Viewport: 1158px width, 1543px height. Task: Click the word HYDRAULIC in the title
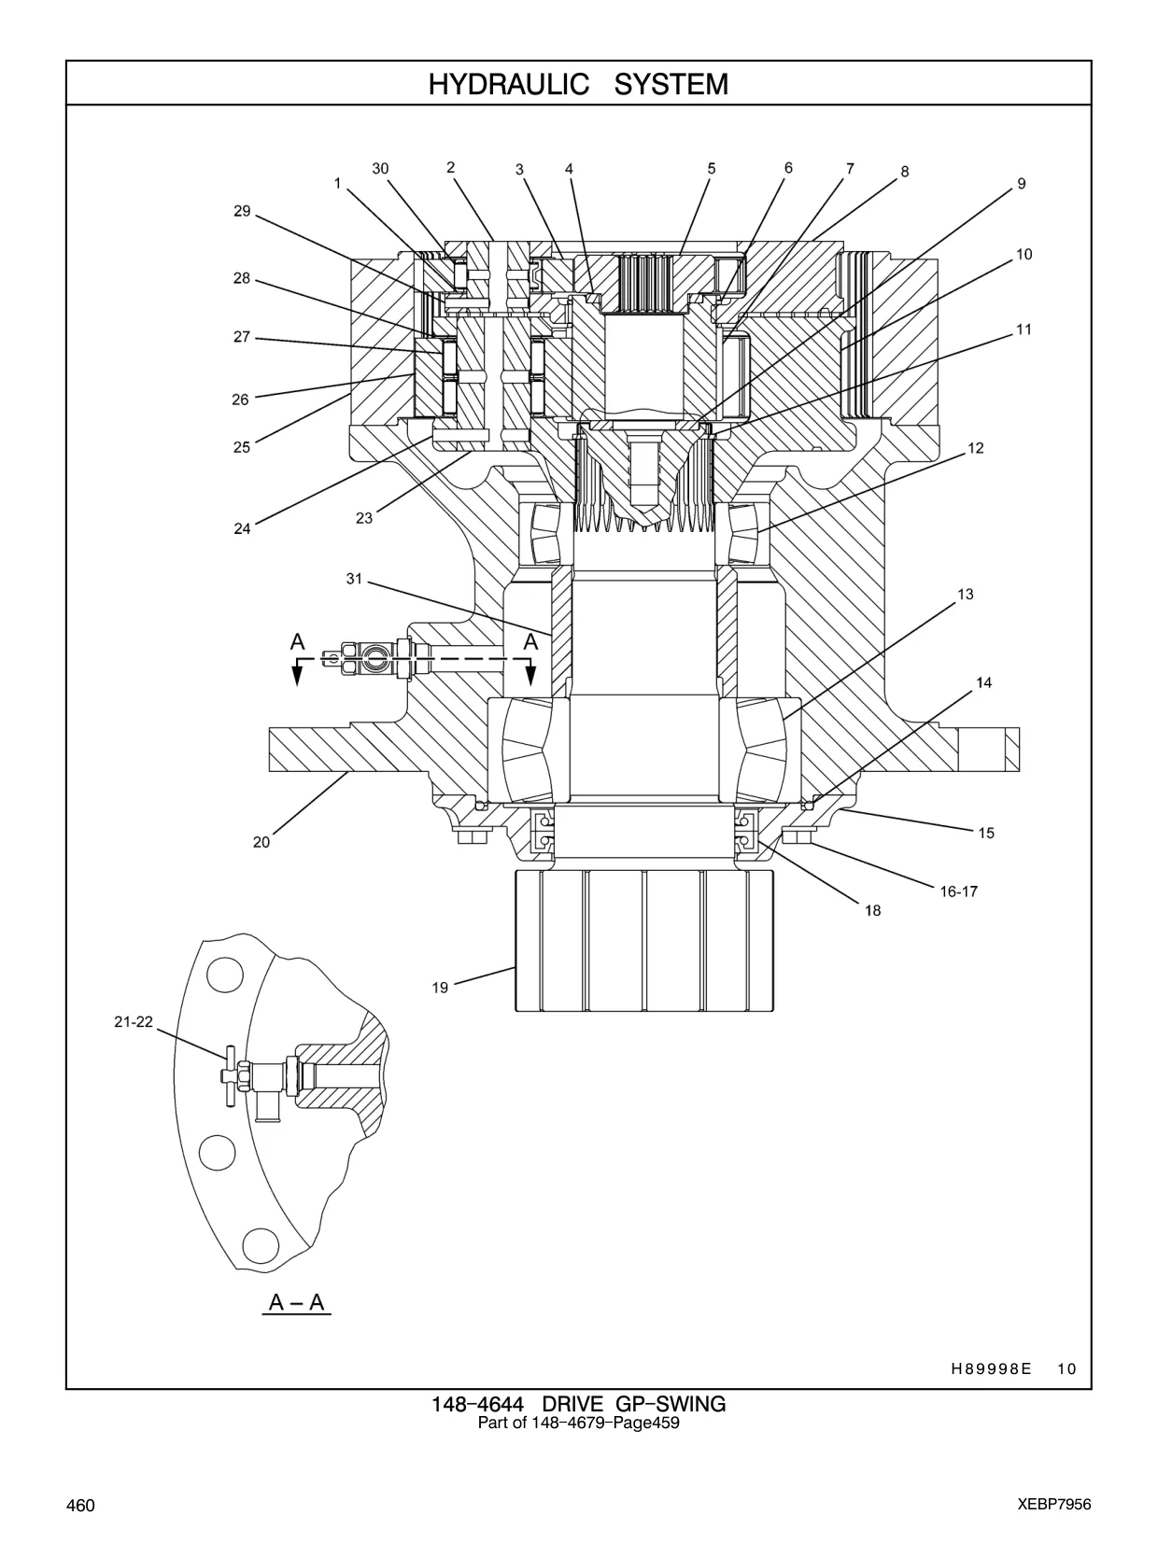tap(508, 84)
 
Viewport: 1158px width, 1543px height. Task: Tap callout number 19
tap(440, 988)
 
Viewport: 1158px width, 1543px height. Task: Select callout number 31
tap(354, 579)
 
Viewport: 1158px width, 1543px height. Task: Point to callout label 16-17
tap(959, 891)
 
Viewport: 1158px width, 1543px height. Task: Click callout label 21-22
tap(134, 1022)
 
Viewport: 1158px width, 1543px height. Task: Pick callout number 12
tap(976, 448)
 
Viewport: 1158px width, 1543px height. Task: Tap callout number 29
tap(242, 211)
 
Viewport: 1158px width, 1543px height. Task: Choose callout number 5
tap(712, 169)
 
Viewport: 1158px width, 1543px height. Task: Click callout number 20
tap(261, 842)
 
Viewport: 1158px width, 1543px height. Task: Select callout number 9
tap(1022, 184)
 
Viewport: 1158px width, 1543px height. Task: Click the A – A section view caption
tap(297, 1302)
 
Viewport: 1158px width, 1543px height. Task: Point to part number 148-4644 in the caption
tap(477, 1405)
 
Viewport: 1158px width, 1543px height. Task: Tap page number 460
tap(80, 1505)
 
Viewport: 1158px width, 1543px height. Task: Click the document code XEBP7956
tap(1054, 1505)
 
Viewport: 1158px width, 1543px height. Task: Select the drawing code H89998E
tap(991, 1368)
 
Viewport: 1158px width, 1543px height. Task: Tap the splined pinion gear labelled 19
tap(644, 940)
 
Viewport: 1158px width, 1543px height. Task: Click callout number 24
tap(242, 528)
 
